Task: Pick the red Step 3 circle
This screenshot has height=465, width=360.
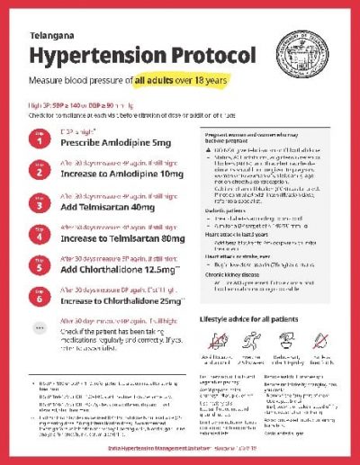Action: click(x=39, y=203)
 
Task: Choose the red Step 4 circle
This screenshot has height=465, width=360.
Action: click(x=39, y=236)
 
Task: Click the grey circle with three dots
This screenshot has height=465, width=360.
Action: click(x=39, y=330)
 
